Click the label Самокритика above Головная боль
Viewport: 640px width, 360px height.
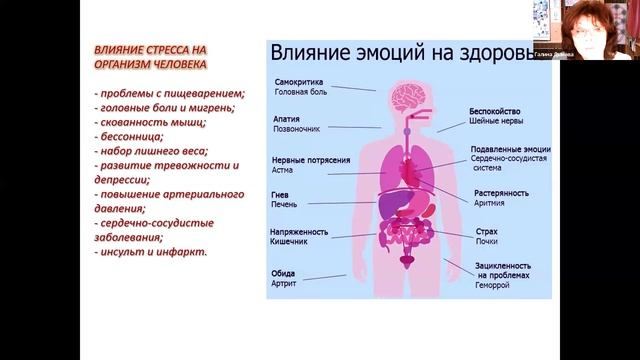coord(297,80)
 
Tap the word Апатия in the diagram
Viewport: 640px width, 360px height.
coord(286,117)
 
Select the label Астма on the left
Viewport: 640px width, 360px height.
coord(284,171)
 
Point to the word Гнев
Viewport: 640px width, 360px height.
coord(282,194)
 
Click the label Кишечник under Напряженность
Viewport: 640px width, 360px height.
coord(291,242)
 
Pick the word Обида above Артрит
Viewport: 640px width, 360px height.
coord(285,273)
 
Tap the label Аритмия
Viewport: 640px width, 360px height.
coord(489,203)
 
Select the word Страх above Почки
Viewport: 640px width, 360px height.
coord(487,231)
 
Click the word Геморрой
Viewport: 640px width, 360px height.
coord(493,285)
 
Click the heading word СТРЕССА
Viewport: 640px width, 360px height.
coord(179,49)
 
